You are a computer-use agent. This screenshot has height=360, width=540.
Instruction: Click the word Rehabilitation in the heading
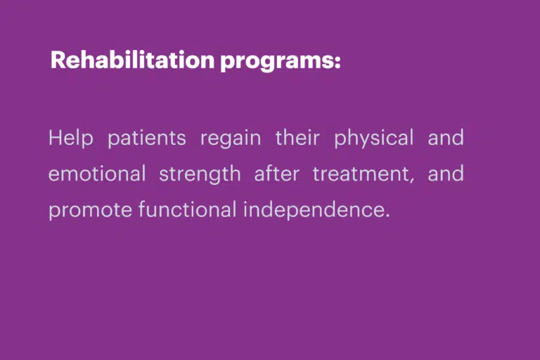(133, 60)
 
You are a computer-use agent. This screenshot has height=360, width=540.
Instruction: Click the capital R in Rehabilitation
(58, 60)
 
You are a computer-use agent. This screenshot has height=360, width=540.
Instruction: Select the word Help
(71, 139)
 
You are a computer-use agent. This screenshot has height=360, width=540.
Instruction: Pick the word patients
(147, 139)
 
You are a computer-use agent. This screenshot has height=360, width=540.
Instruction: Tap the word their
(297, 137)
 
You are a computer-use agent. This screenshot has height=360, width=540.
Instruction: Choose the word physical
(373, 139)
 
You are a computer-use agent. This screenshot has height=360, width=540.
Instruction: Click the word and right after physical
(446, 137)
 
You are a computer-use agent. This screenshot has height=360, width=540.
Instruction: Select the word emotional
(97, 173)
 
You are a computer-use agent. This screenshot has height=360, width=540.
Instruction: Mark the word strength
(200, 174)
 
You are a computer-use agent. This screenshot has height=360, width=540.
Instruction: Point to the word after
(276, 173)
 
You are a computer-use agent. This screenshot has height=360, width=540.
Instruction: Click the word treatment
(361, 174)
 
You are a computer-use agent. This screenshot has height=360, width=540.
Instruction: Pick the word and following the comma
(446, 173)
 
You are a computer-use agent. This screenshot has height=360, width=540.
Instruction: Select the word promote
(90, 210)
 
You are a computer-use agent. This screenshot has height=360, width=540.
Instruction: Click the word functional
(188, 209)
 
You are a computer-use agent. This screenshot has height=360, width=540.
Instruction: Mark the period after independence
(387, 216)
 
